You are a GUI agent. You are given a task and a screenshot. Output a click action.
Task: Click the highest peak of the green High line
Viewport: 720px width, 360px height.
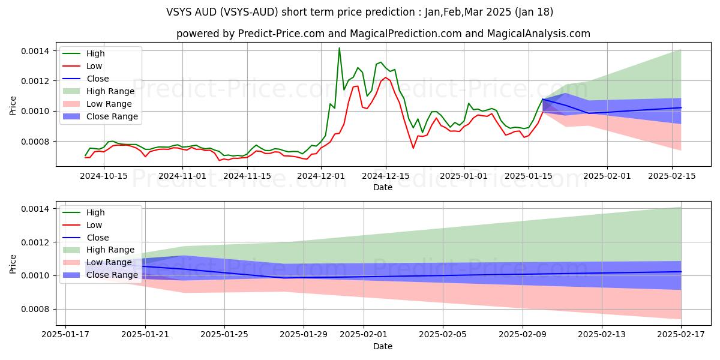coord(339,48)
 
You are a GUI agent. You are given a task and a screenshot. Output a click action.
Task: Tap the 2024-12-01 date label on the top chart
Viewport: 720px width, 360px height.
coord(321,176)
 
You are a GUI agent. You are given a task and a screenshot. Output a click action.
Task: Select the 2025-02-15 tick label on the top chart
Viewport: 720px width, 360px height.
coord(673,176)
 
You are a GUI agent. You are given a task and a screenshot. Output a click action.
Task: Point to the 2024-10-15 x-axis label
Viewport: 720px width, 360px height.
coord(104,176)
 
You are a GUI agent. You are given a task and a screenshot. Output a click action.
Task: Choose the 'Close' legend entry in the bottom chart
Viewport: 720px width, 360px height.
coord(98,238)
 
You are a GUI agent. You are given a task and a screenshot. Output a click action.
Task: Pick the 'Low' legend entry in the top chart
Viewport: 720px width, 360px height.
coord(94,66)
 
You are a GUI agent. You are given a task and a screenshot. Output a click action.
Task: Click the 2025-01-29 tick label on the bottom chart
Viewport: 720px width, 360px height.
coord(304,335)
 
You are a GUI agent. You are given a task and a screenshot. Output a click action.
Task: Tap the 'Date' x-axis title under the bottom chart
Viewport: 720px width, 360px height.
coord(383,346)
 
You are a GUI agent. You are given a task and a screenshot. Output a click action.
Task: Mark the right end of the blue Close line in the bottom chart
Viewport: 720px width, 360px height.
coord(681,272)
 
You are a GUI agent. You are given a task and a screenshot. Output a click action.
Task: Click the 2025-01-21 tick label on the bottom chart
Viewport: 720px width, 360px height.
coord(145,335)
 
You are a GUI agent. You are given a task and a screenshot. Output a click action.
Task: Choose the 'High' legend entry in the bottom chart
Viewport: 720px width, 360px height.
coord(95,212)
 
